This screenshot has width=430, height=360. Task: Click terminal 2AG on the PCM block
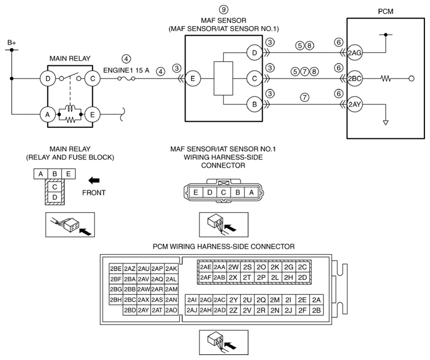pos(355,53)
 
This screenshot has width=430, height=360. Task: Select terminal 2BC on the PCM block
pos(355,79)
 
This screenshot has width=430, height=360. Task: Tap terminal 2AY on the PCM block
pos(355,105)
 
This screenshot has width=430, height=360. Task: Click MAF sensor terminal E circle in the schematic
pos(193,79)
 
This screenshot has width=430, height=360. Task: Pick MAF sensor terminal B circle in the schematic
pos(254,105)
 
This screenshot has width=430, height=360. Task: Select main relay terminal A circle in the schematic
pos(48,114)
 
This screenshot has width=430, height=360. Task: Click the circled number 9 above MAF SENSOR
pos(223,9)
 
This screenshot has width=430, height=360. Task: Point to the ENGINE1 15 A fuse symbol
pos(126,79)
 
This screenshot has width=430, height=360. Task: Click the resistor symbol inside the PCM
pos(386,79)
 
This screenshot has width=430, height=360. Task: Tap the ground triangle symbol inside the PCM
pos(386,122)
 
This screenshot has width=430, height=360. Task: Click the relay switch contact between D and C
pos(70,77)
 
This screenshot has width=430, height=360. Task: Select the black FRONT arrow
pos(94,181)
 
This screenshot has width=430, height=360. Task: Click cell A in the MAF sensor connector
pos(251,193)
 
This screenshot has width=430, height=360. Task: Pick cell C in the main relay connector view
pos(54,187)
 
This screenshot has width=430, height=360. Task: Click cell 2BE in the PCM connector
pos(116,269)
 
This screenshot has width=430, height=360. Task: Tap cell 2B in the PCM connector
pos(316,310)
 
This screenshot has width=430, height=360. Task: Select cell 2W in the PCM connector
pos(233,267)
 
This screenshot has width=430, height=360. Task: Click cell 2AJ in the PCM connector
pos(192,310)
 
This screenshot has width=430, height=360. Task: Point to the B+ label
pos(12,43)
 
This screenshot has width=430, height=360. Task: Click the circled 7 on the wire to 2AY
pos(305,97)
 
